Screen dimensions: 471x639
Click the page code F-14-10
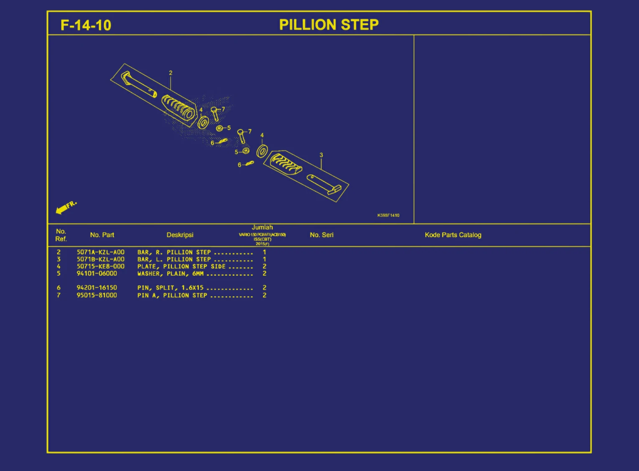pos(86,25)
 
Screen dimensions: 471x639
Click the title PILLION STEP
pos(329,25)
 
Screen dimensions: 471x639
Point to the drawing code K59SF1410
pos(388,215)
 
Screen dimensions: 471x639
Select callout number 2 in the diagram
pos(171,73)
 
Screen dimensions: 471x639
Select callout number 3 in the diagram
pos(321,155)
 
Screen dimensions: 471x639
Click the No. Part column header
pos(102,235)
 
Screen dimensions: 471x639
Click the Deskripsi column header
pos(180,235)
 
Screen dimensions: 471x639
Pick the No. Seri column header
pos(322,235)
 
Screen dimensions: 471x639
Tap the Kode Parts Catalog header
pos(453,235)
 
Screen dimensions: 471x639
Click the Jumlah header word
pos(262,227)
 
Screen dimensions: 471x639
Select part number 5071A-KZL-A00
pos(100,252)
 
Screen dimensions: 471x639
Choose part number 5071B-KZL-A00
pos(100,260)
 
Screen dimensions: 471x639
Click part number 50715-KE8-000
pos(100,267)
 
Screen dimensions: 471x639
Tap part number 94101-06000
pos(97,274)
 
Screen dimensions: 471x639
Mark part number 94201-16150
pos(97,288)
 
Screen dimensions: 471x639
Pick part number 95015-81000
pos(97,295)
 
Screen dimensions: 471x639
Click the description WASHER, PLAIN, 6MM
pos(170,274)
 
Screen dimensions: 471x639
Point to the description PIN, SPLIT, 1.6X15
pos(170,288)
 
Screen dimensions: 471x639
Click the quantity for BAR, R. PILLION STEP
pos(264,252)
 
